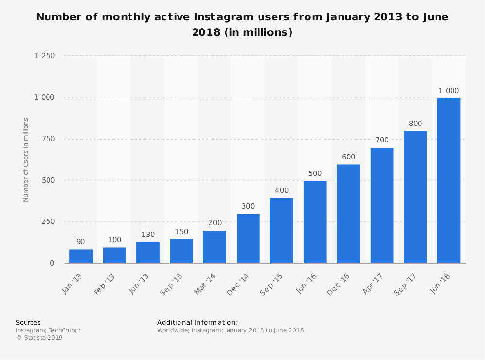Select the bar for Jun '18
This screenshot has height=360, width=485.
[449, 181]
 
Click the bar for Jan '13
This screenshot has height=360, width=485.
[81, 256]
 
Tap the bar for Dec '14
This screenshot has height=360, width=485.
[248, 238]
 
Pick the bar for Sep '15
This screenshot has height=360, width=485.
[281, 230]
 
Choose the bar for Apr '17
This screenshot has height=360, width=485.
[382, 205]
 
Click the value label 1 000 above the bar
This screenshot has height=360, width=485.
[449, 91]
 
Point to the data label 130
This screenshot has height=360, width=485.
[148, 235]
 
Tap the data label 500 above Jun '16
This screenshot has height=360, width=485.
[315, 173]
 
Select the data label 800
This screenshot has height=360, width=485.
[415, 124]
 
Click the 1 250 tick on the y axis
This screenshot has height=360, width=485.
[45, 56]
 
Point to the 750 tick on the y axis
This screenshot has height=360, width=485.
[48, 139]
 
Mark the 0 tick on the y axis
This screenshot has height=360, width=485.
[52, 263]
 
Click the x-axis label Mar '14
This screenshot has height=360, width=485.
[206, 283]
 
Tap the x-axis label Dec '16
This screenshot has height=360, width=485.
[339, 283]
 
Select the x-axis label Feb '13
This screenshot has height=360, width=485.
[105, 283]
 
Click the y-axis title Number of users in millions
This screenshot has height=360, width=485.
[26, 159]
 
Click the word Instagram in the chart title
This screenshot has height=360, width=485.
[224, 17]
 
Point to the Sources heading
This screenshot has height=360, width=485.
[28, 322]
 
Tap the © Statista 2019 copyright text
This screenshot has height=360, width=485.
[39, 338]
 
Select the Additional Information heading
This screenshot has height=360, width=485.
[197, 322]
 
